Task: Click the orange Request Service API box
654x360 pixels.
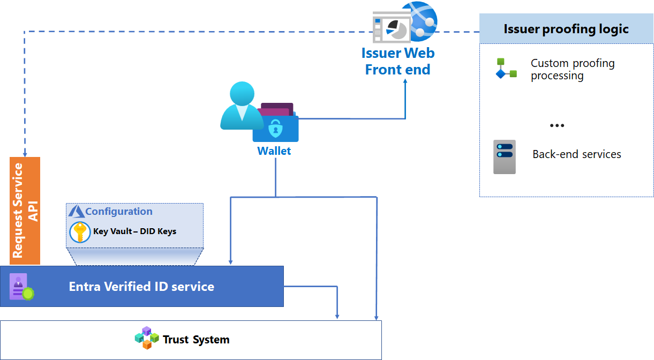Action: (x=25, y=211)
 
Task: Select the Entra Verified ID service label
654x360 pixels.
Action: (x=141, y=287)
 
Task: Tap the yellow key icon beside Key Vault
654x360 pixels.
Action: (x=80, y=232)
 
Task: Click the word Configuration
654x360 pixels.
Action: (x=119, y=212)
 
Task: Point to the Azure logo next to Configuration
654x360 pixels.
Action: (x=76, y=211)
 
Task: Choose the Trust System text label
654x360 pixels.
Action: (x=196, y=340)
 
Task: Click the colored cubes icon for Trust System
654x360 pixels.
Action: (x=147, y=338)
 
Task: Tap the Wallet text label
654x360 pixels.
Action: (x=274, y=151)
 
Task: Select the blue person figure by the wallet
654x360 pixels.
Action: (x=240, y=106)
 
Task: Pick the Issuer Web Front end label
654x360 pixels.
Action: (x=397, y=61)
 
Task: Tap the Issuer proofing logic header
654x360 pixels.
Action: (x=566, y=29)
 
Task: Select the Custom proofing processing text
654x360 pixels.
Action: (x=573, y=69)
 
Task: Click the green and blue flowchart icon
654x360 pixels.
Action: (x=506, y=69)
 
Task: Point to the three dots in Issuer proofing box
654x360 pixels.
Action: (x=557, y=126)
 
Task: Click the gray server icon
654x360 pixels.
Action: (x=505, y=156)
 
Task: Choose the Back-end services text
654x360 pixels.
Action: (x=577, y=154)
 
